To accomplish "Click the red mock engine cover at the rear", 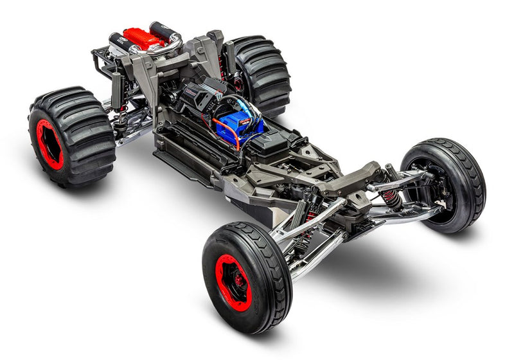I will click(x=144, y=39).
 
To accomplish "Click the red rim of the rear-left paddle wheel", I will click(x=49, y=145).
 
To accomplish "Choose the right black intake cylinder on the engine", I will click(x=163, y=31).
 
